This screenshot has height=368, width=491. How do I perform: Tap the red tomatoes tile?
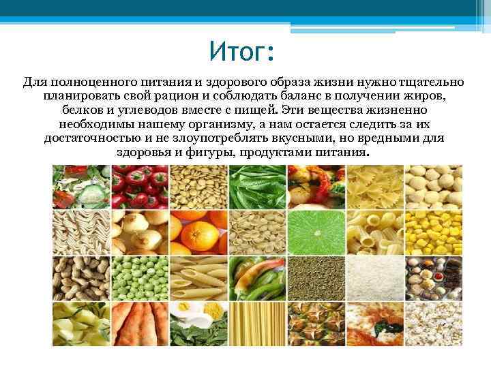point(139,186)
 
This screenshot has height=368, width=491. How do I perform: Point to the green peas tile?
point(139,277)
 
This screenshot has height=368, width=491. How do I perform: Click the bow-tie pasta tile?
point(374,186)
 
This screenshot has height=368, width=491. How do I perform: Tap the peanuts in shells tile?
point(80,277)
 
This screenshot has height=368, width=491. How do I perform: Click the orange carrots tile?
point(139,323)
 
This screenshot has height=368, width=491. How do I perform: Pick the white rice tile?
point(374,277)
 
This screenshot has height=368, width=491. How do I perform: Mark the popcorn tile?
point(433,323)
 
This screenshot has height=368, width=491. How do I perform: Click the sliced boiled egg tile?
point(198,323)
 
